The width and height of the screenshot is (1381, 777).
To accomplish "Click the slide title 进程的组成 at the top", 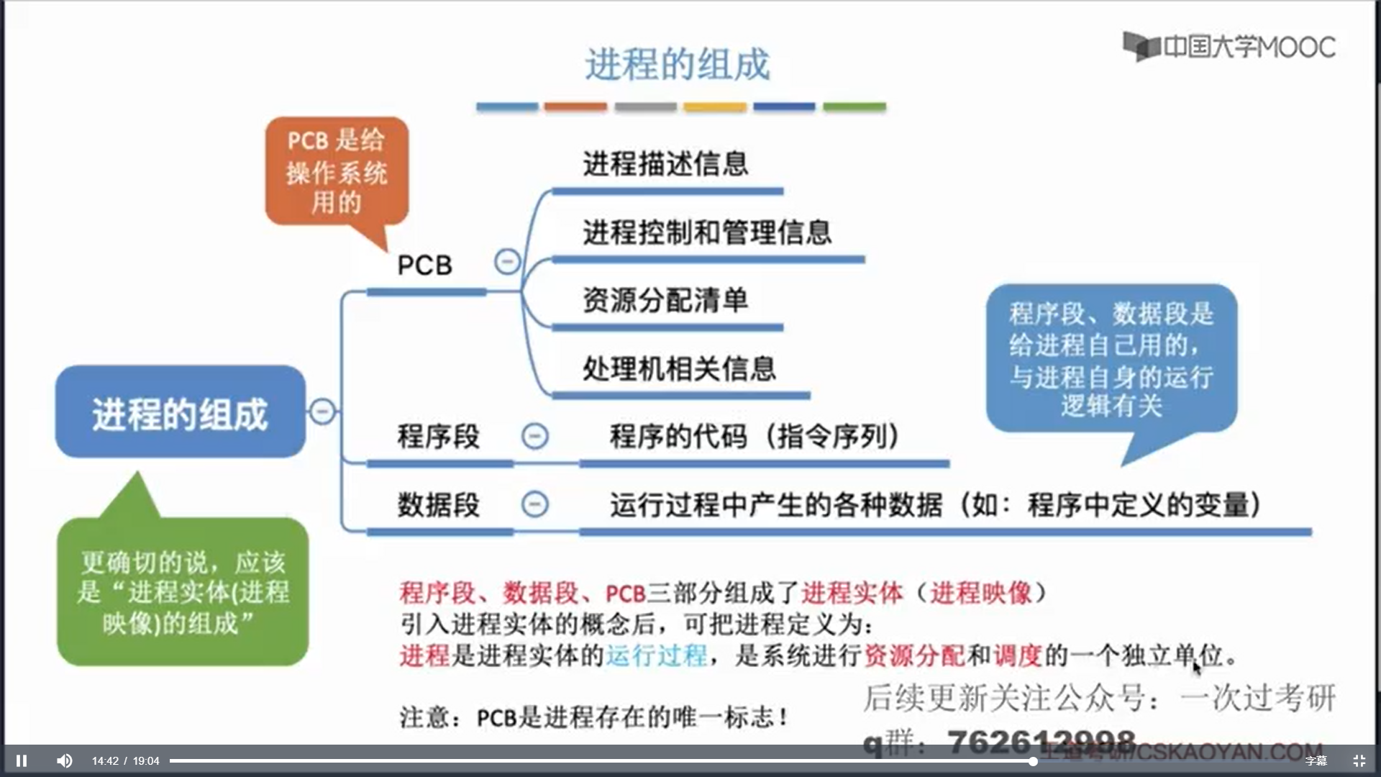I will [677, 64].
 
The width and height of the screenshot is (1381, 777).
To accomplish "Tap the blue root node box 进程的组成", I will [180, 412].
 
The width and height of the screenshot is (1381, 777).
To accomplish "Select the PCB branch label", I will [424, 265].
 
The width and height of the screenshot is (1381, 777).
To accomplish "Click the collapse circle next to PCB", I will [507, 261].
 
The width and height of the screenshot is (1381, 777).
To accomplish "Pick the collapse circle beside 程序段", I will [534, 436].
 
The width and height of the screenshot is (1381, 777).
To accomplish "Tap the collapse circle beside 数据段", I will [534, 504].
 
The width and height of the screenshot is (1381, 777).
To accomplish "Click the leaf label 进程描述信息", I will [665, 164].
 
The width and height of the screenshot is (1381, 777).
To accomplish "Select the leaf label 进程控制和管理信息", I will [707, 232].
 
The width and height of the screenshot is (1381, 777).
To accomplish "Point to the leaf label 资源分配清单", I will [665, 300].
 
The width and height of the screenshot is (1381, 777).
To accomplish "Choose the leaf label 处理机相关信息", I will [679, 368].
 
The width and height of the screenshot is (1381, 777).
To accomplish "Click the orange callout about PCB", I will [336, 171].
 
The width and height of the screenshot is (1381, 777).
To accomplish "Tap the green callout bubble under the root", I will [183, 591].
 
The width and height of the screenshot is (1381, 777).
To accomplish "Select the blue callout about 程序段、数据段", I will [1111, 358].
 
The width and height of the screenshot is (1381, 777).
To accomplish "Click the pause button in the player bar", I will [22, 760].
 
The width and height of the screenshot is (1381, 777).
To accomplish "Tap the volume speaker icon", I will [64, 760].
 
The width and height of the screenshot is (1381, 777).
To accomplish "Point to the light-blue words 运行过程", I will [656, 655].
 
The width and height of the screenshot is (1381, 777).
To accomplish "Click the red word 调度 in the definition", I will [1017, 655].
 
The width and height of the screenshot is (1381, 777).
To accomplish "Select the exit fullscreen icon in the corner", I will [1359, 760].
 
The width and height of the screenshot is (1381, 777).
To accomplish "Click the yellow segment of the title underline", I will [714, 107].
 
